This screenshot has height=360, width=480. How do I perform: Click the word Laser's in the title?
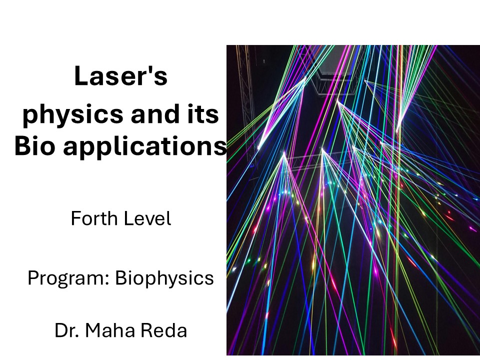pyautogui.click(x=120, y=75)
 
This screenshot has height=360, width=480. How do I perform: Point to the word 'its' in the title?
pyautogui.click(x=203, y=113)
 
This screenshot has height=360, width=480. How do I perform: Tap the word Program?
pyautogui.click(x=68, y=279)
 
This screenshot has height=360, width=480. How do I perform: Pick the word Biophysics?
pyautogui.click(x=164, y=279)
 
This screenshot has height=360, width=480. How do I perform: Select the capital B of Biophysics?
pyautogui.click(x=121, y=278)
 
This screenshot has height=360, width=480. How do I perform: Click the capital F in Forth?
pyautogui.click(x=75, y=218)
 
